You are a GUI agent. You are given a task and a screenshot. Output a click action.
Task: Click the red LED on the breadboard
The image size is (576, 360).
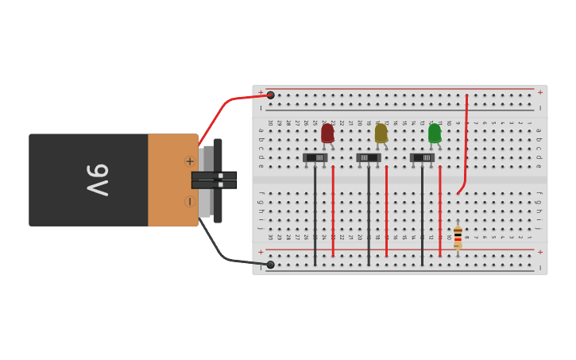tap(327, 133)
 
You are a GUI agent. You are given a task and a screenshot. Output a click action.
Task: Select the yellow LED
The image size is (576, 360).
tap(381, 133)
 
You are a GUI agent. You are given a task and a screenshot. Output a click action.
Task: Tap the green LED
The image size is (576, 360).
tap(435, 133)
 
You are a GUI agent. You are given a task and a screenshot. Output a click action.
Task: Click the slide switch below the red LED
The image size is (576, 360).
tap(316, 157)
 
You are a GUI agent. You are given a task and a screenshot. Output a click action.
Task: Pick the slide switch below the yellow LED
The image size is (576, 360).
tap(369, 157)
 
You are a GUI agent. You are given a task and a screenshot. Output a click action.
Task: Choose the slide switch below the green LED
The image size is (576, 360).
tap(423, 157)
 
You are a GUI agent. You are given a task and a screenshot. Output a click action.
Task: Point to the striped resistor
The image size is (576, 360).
tap(458, 236)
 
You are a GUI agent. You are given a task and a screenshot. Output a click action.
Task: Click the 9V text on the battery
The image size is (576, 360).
tap(97, 180)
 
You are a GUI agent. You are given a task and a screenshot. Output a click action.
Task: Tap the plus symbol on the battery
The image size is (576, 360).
tap(190, 161)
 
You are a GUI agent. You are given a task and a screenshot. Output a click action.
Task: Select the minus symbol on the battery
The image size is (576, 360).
tap(190, 201)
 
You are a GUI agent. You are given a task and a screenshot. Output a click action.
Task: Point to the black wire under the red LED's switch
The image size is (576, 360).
tap(315, 215)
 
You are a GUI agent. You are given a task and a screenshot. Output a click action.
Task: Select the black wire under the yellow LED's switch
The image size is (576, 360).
tap(369, 215)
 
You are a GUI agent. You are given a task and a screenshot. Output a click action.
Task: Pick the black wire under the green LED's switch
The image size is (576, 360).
tap(422, 215)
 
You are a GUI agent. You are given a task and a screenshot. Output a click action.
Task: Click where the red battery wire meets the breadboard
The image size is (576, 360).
tap(270, 95)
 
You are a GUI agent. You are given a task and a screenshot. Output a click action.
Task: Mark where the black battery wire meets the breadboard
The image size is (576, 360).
tap(270, 265)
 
